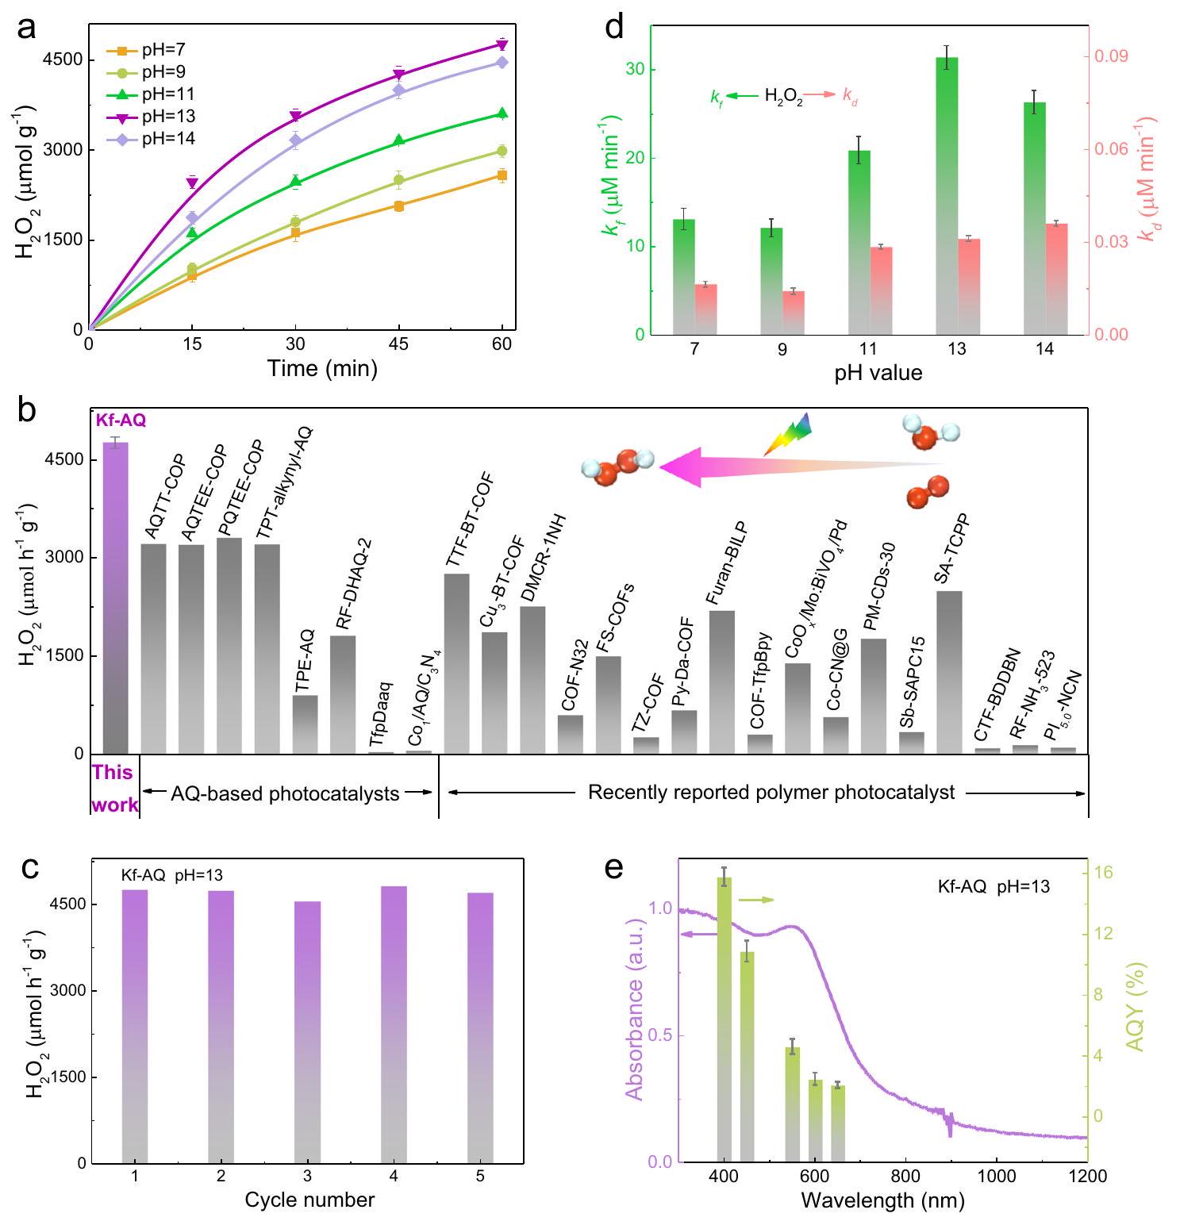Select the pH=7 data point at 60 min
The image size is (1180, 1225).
[502, 175]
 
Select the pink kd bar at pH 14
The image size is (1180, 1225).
[1056, 278]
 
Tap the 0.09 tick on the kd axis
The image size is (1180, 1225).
[1111, 57]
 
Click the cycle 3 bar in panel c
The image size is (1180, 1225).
[308, 1031]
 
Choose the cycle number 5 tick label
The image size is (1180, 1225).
[480, 1176]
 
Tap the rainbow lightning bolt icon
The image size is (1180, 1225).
[789, 432]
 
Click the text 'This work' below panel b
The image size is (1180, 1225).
[113, 788]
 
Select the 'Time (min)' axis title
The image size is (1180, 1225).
[321, 368]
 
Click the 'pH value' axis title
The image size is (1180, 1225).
[878, 372]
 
